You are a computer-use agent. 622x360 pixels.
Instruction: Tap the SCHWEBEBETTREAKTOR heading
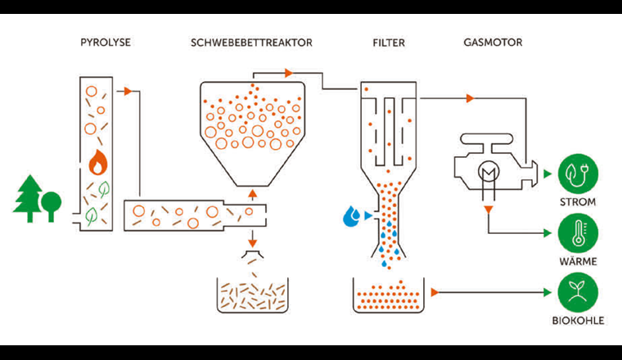pos(253,41)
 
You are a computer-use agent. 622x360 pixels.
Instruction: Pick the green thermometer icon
pos(579,233)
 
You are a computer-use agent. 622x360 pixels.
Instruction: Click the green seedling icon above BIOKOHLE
pos(579,292)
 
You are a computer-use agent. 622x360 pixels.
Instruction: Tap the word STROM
pos(579,201)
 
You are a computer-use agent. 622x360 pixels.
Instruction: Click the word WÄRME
pos(579,261)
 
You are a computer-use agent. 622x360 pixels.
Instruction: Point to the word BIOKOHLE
pos(579,321)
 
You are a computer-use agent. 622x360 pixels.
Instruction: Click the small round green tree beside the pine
pos(52,202)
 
